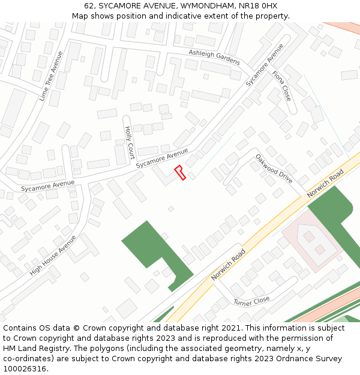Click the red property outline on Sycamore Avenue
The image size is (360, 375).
click(x=179, y=172)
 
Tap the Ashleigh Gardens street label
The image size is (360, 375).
click(x=214, y=57)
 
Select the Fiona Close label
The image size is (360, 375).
click(x=281, y=85)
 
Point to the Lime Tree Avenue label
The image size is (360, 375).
click(x=51, y=76)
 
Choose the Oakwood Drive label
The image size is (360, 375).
click(x=274, y=169)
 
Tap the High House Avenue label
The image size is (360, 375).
click(x=53, y=255)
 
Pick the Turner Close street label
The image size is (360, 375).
click(x=251, y=300)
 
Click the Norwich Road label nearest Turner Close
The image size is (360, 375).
click(x=229, y=265)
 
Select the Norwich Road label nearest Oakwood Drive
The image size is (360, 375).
click(x=325, y=184)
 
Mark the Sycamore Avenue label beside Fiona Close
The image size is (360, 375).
click(x=264, y=65)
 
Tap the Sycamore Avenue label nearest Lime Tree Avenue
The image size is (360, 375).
click(x=48, y=186)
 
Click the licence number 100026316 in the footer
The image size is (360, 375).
click(x=25, y=368)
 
